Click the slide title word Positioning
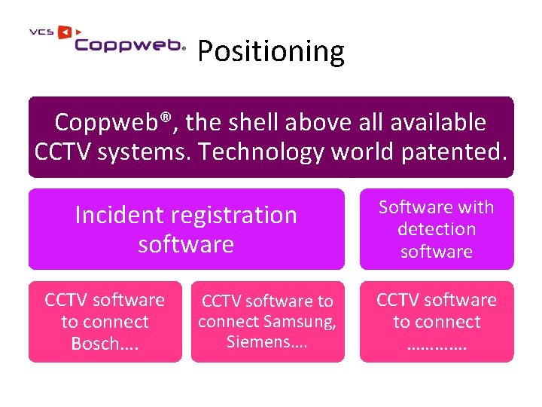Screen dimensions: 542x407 [270, 51]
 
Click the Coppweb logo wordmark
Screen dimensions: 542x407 [129, 45]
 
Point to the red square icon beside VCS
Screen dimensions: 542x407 [64, 32]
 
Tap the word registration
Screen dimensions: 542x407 [236, 215]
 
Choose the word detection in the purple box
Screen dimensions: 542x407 [437, 229]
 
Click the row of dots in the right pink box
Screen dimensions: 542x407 [437, 345]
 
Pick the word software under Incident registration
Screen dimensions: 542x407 [186, 244]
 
